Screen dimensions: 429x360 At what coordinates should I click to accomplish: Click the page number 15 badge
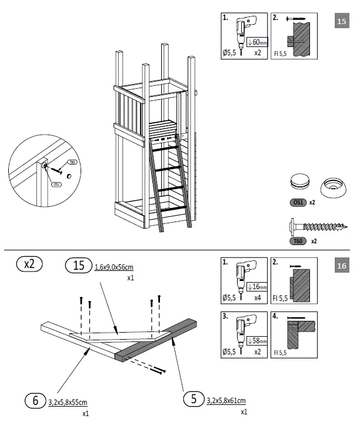coord(342,22)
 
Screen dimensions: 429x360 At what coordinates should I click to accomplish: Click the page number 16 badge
coord(342,266)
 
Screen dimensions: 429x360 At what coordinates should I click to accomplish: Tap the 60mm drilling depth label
coord(256,42)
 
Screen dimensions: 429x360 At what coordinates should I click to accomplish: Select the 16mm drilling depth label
coord(256,287)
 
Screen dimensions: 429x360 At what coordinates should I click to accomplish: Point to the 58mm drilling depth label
coord(256,340)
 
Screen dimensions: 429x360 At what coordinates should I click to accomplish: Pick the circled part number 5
coord(191,399)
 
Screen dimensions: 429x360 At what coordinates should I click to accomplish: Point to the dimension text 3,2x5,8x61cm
coord(226,400)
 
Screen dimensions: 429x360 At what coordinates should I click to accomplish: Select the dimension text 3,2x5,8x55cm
coord(68,402)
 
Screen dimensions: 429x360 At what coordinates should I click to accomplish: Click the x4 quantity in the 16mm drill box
coord(256,298)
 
